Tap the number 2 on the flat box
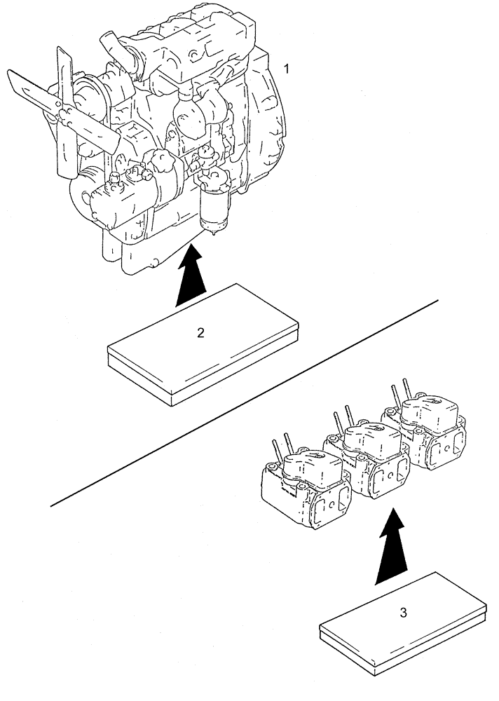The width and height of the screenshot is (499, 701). click(x=200, y=333)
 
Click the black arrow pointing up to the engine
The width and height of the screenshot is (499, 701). click(x=190, y=276)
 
